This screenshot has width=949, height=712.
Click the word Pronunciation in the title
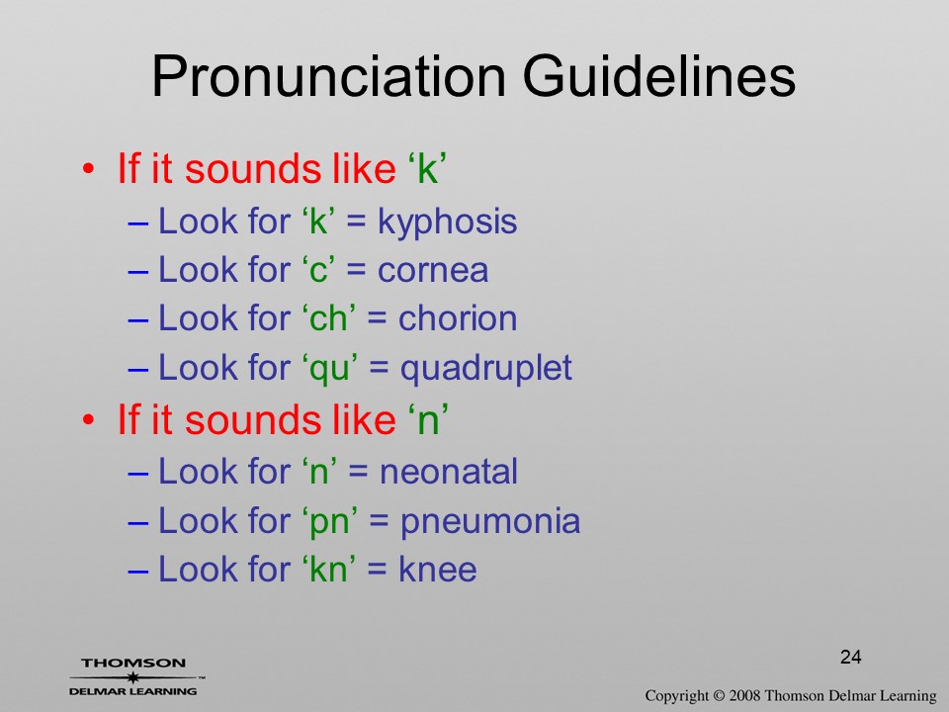[328, 77]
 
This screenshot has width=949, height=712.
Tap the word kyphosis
[447, 222]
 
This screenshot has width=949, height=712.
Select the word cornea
[433, 270]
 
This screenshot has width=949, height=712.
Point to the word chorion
[458, 318]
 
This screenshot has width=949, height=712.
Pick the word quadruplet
[486, 369]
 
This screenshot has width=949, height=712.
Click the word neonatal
[449, 472]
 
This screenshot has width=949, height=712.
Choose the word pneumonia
[490, 522]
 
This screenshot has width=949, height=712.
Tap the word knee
[438, 570]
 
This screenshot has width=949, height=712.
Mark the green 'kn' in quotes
[328, 570]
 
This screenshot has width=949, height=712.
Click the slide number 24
[851, 657]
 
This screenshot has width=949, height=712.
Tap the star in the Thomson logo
[132, 676]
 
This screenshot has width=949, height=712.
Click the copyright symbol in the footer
[719, 696]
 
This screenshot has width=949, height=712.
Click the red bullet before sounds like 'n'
[89, 419]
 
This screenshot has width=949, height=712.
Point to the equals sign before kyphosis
[357, 222]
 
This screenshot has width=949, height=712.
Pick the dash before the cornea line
[138, 272]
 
